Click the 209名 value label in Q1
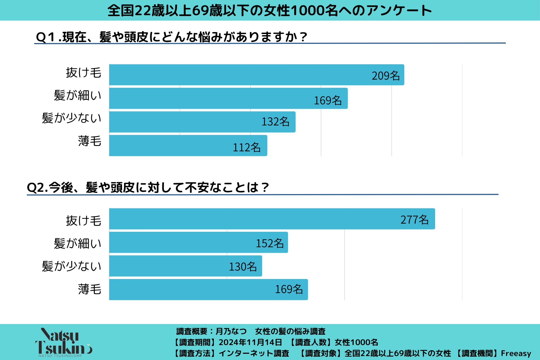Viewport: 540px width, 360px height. (x=386, y=76)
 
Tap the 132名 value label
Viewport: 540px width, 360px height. (x=275, y=122)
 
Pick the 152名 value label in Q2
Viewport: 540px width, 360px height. (x=270, y=243)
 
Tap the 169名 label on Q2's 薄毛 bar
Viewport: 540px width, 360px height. (x=289, y=289)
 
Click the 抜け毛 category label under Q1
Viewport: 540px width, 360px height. (x=84, y=73)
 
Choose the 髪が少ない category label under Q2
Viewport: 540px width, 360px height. (x=71, y=266)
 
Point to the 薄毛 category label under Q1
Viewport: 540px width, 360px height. (x=89, y=141)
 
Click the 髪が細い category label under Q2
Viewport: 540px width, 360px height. (x=77, y=243)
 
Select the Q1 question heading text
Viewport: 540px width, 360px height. (x=171, y=37)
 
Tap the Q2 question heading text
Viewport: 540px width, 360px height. (x=148, y=187)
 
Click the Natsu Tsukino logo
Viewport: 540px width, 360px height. (x=64, y=342)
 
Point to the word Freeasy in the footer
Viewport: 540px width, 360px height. (x=516, y=353)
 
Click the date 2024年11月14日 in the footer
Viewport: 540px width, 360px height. (x=250, y=342)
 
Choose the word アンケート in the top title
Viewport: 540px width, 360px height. (x=399, y=11)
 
